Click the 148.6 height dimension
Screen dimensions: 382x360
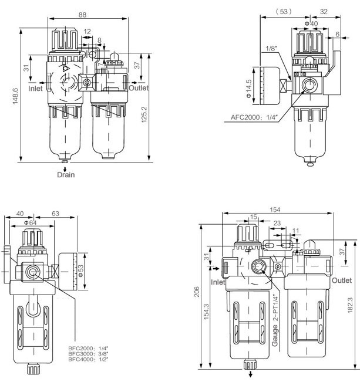coord(16,93)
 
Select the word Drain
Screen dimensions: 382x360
coord(66,174)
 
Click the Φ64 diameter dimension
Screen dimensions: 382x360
coord(31,222)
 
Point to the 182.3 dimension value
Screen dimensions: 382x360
coord(351,305)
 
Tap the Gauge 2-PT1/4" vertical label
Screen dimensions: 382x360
coord(274,317)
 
